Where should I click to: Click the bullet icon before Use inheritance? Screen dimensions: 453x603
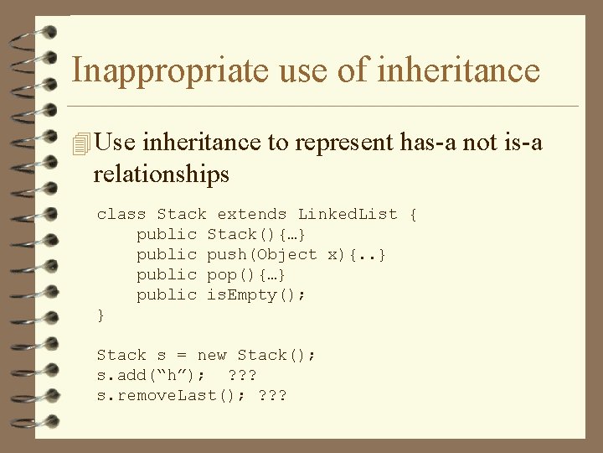click(x=80, y=144)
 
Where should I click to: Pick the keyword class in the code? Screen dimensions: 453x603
click(x=121, y=215)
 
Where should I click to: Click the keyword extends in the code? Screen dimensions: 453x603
click(x=252, y=215)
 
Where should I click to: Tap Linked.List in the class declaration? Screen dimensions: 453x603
click(x=348, y=215)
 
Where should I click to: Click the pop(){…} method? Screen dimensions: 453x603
click(x=247, y=274)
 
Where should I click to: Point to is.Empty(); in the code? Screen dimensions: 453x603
click(x=256, y=294)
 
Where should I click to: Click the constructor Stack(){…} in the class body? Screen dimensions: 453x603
click(x=256, y=234)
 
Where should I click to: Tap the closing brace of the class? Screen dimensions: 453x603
click(x=101, y=315)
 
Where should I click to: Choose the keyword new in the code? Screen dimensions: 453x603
click(x=212, y=355)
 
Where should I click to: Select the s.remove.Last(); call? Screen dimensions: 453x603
click(x=167, y=395)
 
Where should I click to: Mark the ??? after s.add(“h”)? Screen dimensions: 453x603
click(x=242, y=375)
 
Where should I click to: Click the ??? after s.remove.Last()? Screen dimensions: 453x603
click(x=272, y=395)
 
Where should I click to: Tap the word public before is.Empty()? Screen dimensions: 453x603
click(x=167, y=294)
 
